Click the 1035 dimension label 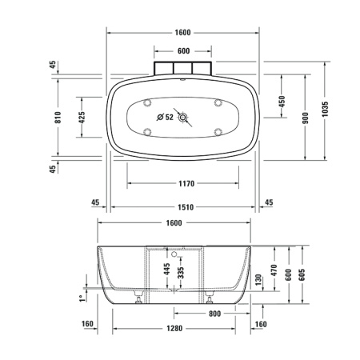[325, 109]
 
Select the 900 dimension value [306, 118]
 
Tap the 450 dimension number [282, 102]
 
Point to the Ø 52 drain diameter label [165, 117]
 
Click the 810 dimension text [58, 118]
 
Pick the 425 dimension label [82, 118]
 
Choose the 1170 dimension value [186, 183]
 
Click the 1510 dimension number [186, 207]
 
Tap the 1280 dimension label [174, 328]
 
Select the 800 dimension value [214, 314]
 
